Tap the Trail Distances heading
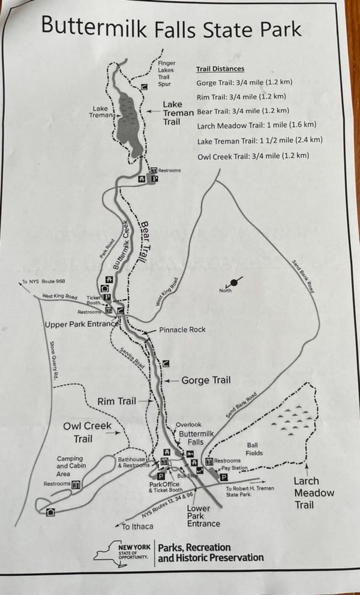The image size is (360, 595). [x=220, y=69]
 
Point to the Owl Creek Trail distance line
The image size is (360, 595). [x=253, y=156]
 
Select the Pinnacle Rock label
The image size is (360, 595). [x=182, y=330]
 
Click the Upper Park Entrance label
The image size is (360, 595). [x=81, y=324]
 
